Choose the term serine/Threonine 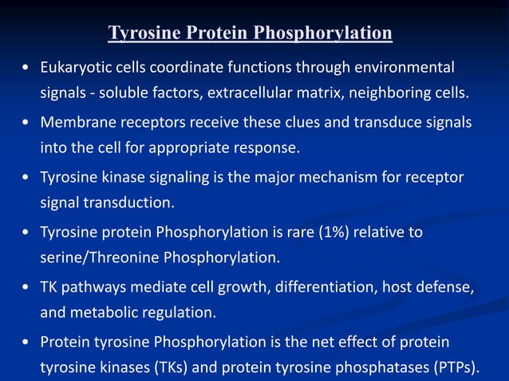click(100, 258)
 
